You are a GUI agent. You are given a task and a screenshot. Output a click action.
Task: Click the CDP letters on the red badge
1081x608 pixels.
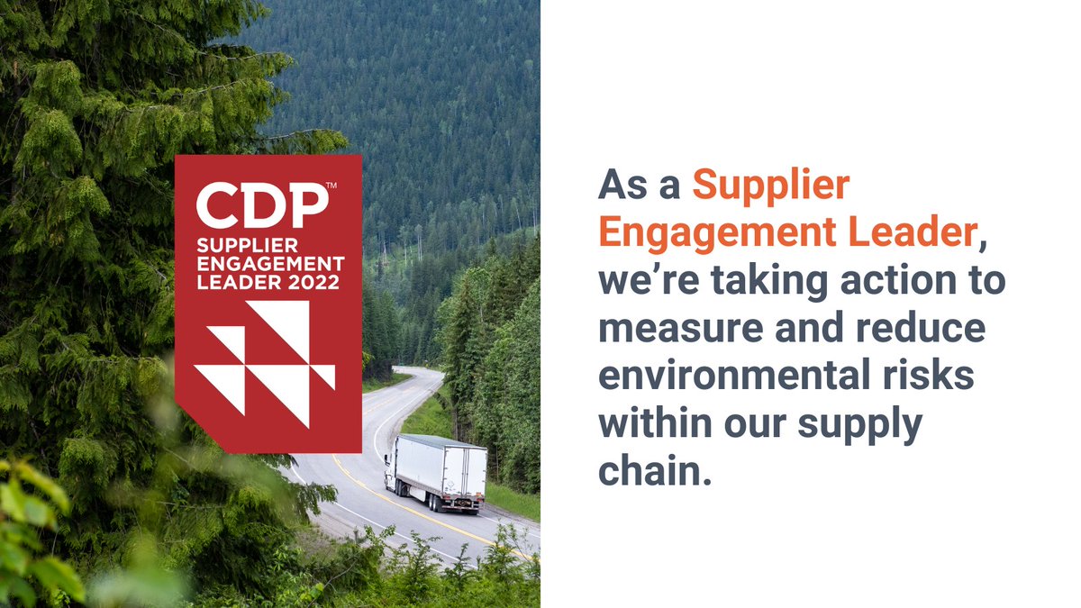[261, 206]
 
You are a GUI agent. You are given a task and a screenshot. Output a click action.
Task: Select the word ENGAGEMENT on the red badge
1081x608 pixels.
[270, 264]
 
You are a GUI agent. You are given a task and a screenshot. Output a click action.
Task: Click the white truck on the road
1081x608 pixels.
[437, 473]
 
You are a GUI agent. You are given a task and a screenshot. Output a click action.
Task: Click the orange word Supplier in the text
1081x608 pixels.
[770, 186]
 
